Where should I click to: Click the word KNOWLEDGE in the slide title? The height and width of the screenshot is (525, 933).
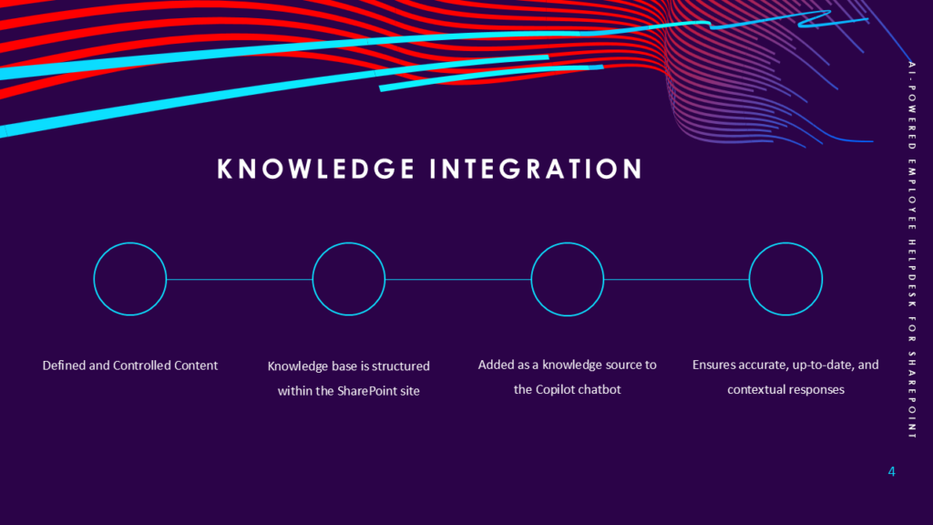click(x=315, y=169)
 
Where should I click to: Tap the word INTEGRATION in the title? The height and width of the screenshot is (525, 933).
click(x=536, y=169)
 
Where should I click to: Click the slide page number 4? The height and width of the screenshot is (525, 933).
click(x=891, y=471)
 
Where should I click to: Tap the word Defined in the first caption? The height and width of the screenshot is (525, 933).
click(x=64, y=365)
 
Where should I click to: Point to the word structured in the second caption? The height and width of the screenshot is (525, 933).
click(x=401, y=366)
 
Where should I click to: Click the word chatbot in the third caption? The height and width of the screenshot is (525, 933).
click(x=600, y=389)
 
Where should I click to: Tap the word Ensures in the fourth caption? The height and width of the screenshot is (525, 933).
click(x=713, y=365)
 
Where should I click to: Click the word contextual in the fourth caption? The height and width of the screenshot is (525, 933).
click(x=754, y=390)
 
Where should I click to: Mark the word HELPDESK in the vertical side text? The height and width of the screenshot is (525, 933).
click(x=911, y=273)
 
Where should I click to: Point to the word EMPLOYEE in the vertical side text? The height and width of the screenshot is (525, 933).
click(x=911, y=195)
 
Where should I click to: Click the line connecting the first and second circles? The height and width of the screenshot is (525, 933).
click(x=240, y=279)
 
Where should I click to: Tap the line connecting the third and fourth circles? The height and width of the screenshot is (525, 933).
click(x=677, y=279)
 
